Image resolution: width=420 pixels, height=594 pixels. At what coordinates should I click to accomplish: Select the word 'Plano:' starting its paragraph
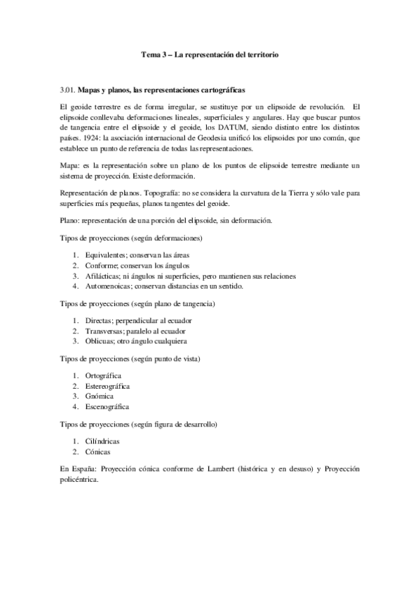coord(71,220)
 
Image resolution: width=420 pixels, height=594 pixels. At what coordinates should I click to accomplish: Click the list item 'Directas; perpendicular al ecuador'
coord(138,320)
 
